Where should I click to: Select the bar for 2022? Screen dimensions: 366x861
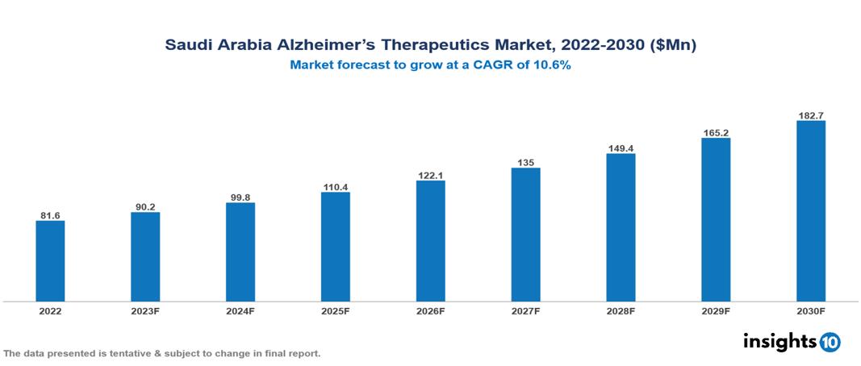point(50,260)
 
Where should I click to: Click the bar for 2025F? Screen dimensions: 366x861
point(335,247)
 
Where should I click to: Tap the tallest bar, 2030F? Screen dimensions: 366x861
point(810,211)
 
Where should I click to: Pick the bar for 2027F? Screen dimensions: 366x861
point(525,235)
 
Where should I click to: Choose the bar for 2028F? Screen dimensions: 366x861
point(621,227)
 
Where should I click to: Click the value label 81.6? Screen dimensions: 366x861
point(50,215)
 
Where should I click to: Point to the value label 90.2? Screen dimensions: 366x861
point(145,207)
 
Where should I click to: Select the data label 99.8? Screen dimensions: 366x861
point(240,198)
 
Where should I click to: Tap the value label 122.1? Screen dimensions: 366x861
point(430,175)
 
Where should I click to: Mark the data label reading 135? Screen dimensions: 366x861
point(525,163)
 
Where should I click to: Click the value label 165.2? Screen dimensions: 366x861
point(716,132)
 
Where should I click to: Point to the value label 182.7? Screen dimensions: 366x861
point(810,116)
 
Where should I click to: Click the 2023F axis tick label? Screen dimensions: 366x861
point(145,310)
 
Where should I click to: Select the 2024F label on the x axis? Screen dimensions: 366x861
point(240,310)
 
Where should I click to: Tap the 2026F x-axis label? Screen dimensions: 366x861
point(430,310)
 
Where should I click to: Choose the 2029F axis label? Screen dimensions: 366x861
point(716,310)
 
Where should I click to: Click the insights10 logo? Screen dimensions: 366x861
point(792,342)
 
